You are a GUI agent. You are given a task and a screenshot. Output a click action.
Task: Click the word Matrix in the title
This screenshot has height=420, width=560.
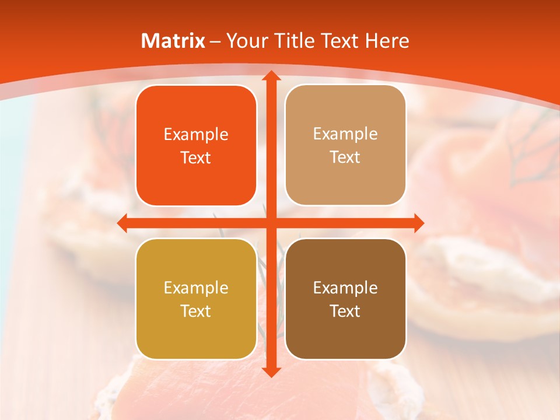click(173, 41)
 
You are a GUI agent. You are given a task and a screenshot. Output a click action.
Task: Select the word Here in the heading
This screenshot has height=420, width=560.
click(387, 41)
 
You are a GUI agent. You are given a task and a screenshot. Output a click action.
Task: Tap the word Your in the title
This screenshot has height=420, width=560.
click(246, 41)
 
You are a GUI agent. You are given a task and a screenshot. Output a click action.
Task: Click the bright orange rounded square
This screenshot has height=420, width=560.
click(196, 146)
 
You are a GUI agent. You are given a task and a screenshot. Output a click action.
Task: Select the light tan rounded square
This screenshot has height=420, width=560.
click(345, 145)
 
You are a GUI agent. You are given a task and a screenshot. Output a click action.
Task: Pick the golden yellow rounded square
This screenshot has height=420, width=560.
click(196, 299)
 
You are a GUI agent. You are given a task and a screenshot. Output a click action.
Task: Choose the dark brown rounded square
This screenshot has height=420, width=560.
click(345, 299)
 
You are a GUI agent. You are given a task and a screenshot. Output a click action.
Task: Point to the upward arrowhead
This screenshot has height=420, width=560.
click(271, 76)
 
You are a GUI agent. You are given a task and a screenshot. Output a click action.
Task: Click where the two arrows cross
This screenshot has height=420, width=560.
click(271, 223)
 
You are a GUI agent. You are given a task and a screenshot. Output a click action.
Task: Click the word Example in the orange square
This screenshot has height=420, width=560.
click(196, 135)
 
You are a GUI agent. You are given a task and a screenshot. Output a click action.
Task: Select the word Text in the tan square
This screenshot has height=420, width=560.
click(345, 157)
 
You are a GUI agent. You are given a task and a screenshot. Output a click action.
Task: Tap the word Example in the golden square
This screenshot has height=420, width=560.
click(196, 288)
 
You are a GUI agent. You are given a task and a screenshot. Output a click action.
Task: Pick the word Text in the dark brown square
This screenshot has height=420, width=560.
click(345, 311)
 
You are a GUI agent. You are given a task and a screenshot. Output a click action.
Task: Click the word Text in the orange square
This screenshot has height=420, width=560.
click(196, 158)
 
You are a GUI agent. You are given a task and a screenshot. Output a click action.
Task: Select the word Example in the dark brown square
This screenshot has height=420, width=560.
click(345, 288)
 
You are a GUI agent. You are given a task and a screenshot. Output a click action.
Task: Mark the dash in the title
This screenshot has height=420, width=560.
click(215, 41)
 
